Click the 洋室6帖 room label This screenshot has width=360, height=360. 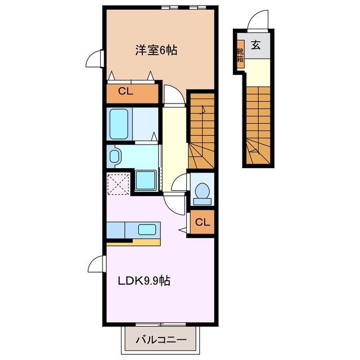click(x=156, y=51)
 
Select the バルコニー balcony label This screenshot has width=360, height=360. click(x=162, y=340)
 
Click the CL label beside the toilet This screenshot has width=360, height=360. click(x=202, y=223)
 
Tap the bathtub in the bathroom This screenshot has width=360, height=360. click(x=120, y=124)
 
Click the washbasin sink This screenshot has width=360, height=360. click(x=114, y=156)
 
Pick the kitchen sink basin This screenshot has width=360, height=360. click(x=147, y=229)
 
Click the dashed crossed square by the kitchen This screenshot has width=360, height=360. click(x=119, y=183)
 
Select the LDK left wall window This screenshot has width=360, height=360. click(x=97, y=264)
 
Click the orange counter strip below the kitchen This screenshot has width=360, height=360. click(x=134, y=243)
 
